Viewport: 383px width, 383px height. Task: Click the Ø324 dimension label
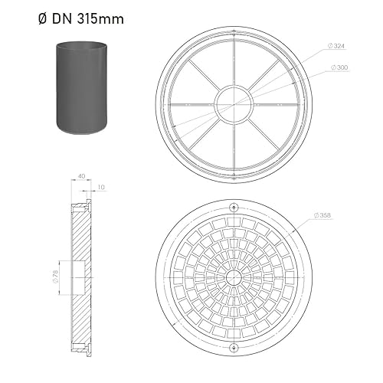click(x=336, y=46)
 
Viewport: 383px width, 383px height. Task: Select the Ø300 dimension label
click(x=339, y=67)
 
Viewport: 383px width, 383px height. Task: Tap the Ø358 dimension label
click(x=322, y=215)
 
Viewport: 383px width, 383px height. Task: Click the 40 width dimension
click(x=82, y=176)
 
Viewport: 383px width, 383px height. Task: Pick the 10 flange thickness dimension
click(x=101, y=187)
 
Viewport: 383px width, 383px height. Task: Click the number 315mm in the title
click(x=100, y=19)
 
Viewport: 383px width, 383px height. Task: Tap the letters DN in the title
click(x=62, y=19)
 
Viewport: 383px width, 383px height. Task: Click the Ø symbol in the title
click(x=42, y=19)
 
